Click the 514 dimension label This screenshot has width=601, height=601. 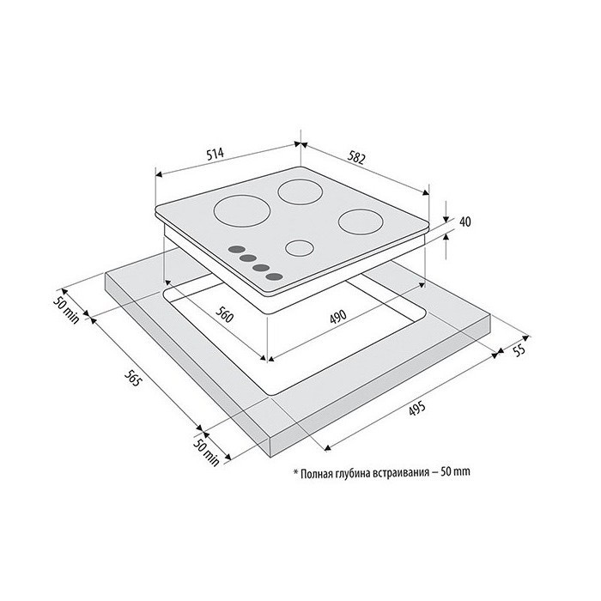(215, 154)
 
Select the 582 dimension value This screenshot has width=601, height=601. (356, 157)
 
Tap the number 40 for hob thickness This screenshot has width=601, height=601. (465, 222)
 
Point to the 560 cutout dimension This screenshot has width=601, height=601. (224, 315)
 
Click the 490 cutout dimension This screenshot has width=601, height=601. (338, 317)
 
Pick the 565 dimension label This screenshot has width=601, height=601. (133, 377)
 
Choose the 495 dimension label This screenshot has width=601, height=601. (417, 408)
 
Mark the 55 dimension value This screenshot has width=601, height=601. (519, 350)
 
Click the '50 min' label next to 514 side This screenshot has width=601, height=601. (66, 311)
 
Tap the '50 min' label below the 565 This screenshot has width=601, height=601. (206, 452)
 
